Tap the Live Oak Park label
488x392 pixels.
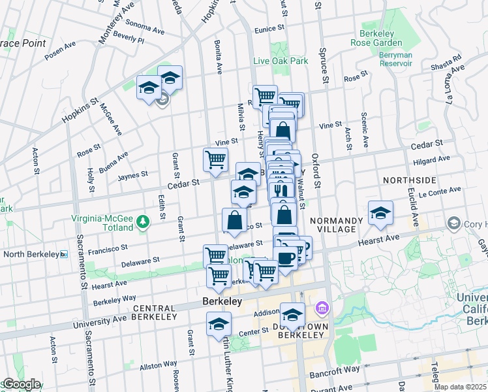281,61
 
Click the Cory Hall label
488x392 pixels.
474,225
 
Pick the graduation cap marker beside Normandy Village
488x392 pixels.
380,213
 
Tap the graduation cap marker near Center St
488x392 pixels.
219,323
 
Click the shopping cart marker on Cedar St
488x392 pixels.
215,159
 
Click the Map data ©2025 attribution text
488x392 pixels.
460,387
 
